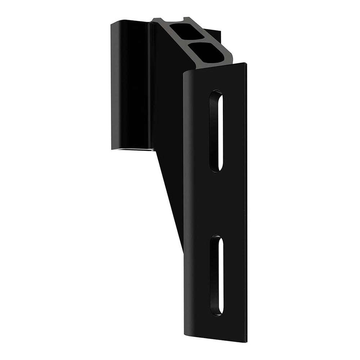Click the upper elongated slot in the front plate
tap(216, 130)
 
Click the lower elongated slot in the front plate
tap(216, 275)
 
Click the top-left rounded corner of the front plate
tap(186, 76)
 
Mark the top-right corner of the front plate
tap(246, 64)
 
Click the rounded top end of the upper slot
tap(216, 94)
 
